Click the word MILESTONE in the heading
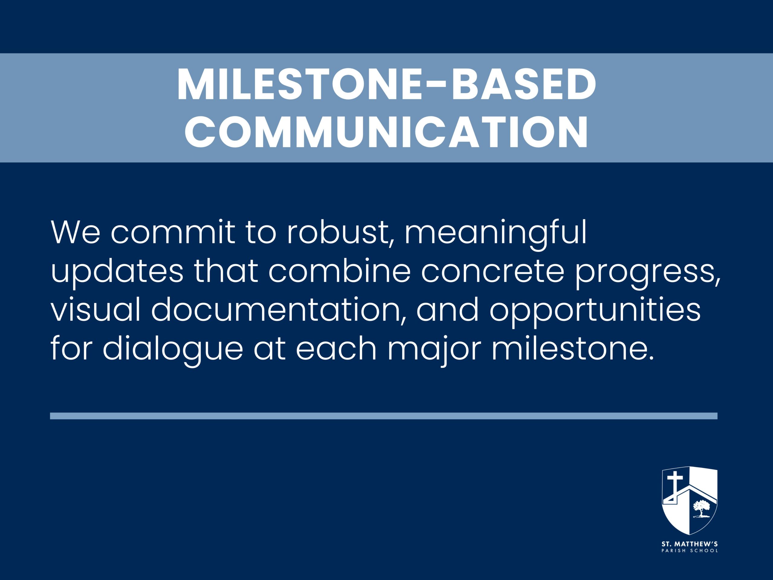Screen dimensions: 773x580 pos(303,85)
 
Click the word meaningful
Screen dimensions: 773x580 pos(496,234)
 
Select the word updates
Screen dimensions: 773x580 pos(117,273)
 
